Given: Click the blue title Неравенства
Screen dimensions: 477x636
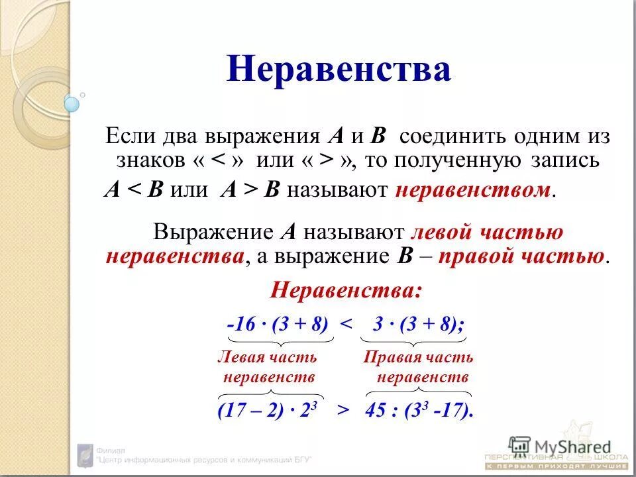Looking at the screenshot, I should [x=339, y=70].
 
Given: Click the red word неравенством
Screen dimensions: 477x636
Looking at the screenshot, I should [x=473, y=191].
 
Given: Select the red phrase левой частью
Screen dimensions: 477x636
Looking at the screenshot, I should [x=487, y=232].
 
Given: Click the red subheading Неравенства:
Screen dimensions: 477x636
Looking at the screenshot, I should [x=346, y=290].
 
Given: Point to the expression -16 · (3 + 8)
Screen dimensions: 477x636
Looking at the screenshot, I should [x=278, y=324].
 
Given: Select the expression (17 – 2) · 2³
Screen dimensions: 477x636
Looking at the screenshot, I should [x=269, y=409].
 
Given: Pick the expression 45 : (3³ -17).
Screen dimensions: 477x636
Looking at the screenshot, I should [x=419, y=409].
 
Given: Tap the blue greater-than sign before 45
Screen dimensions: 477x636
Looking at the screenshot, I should [x=343, y=410].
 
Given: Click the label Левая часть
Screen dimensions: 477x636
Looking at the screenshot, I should [x=267, y=358].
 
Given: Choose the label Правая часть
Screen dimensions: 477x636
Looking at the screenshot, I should [x=418, y=358].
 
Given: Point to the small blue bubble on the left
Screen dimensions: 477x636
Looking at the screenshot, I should [x=72, y=103].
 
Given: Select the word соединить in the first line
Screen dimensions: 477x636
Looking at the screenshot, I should [x=451, y=137].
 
